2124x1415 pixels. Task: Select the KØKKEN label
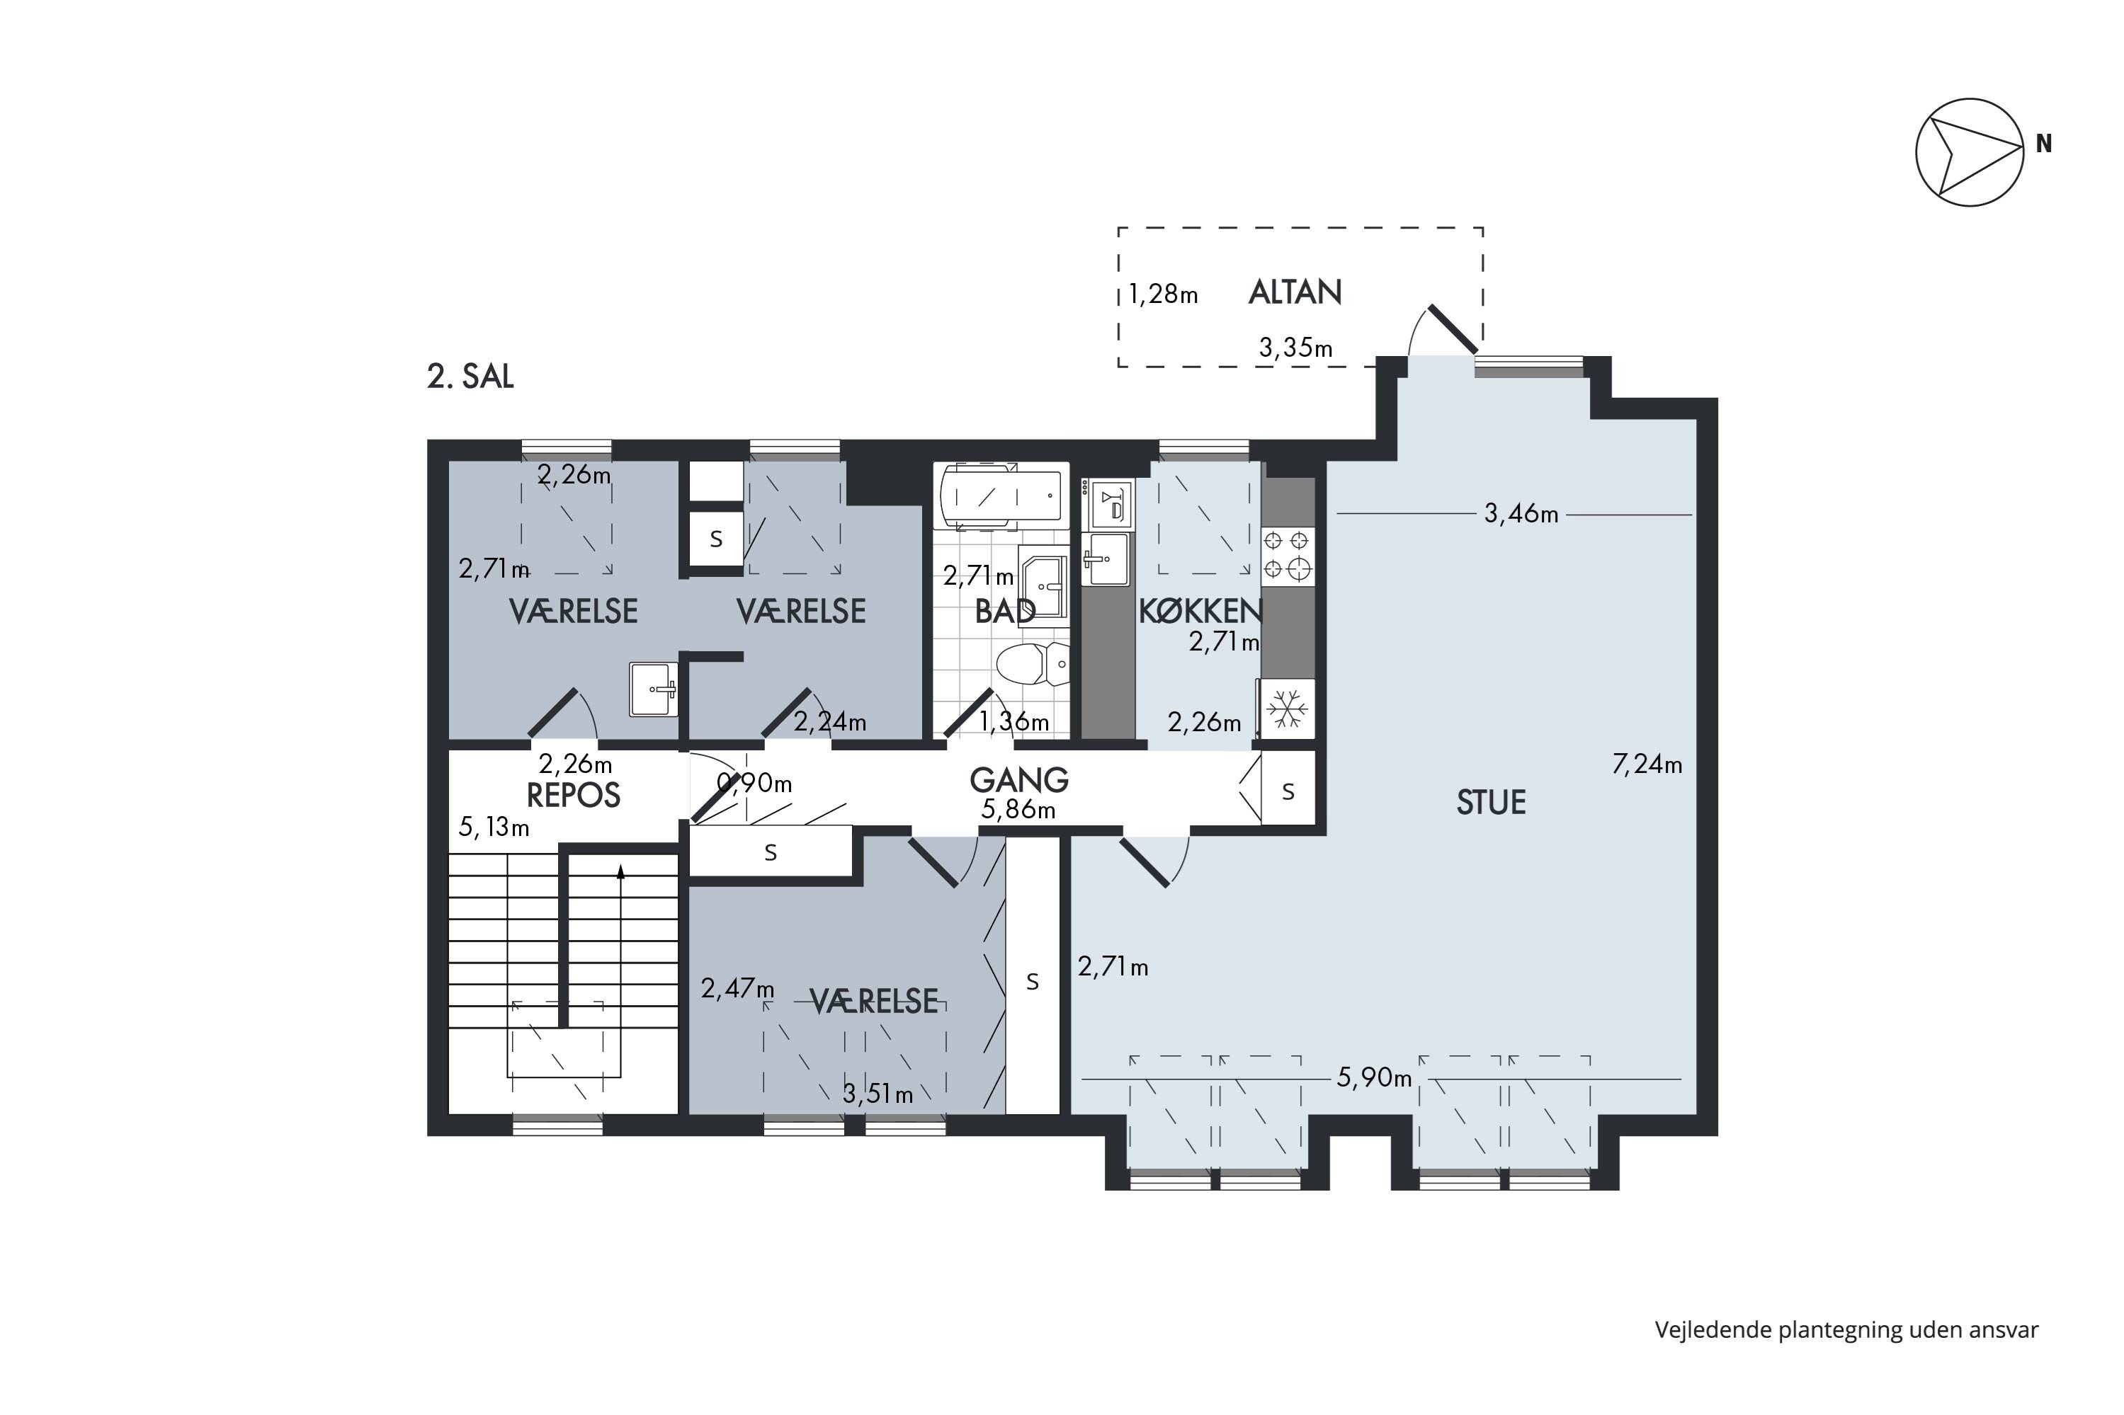coord(1200,611)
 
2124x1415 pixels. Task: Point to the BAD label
coord(1005,611)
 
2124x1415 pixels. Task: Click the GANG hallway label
coord(1019,779)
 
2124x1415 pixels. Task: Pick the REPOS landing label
coord(573,795)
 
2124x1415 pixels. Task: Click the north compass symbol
coord(1970,152)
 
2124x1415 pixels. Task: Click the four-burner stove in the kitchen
coord(1287,555)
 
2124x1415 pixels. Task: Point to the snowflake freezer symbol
coord(1286,709)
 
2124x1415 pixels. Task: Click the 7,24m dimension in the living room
coord(1647,764)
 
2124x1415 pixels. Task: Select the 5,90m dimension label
coord(1374,1077)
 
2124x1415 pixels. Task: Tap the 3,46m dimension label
coord(1521,513)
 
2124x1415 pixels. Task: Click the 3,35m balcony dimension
coord(1295,348)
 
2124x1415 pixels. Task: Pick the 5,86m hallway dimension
coord(1018,810)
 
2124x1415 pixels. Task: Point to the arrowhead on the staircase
coord(620,871)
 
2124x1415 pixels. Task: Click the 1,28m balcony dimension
coord(1163,294)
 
